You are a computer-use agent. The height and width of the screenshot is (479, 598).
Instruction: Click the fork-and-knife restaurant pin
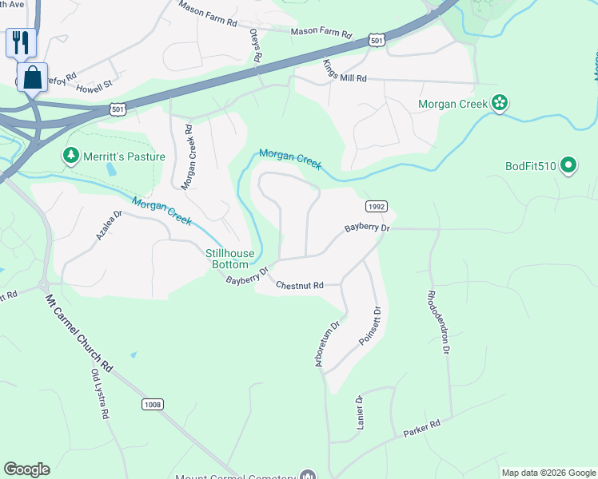coord(21,42)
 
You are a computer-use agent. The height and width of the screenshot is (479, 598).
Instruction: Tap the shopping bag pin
coord(32,78)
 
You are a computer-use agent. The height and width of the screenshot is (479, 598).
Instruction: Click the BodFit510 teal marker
coord(568,166)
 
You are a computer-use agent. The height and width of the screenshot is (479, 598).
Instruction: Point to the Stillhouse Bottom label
coord(230,259)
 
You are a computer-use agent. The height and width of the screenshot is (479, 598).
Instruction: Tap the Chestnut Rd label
coord(299,285)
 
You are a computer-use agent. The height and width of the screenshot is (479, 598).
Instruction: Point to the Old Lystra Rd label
coord(99,394)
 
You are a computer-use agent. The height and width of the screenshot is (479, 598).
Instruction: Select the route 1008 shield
coord(153,405)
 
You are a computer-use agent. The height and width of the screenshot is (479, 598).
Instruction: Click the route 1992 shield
coord(377,206)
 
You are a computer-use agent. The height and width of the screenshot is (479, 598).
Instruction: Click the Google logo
coord(26,469)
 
